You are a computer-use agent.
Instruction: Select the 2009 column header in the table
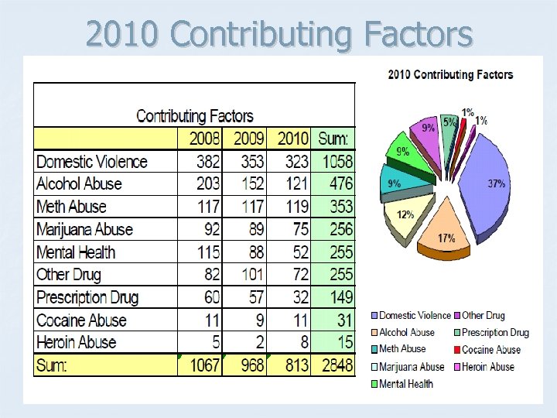(249, 139)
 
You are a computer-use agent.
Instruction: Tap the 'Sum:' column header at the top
(333, 139)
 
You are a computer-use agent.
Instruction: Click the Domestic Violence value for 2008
(205, 162)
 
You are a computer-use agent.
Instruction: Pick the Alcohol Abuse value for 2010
(296, 184)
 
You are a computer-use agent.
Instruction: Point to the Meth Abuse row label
(71, 207)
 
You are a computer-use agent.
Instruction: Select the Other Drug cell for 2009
(249, 275)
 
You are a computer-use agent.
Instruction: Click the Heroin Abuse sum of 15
(340, 342)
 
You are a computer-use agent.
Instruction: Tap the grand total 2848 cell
(334, 365)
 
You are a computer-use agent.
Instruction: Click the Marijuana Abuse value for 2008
(209, 229)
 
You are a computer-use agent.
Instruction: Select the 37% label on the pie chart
(496, 183)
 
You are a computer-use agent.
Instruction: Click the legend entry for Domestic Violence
(415, 316)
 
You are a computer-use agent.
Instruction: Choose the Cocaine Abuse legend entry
(491, 350)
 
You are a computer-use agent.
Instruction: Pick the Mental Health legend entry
(406, 384)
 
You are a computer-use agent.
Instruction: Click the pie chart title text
(449, 75)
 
